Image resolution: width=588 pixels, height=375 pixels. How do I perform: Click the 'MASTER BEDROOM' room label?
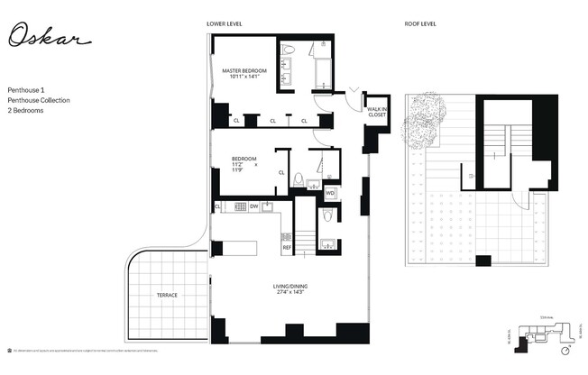[x=241, y=70]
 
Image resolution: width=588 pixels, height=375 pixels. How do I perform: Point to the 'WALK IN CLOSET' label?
[x=377, y=112]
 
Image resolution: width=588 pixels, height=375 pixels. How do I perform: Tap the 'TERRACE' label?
[x=167, y=296]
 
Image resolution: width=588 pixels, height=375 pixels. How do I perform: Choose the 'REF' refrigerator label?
[x=288, y=247]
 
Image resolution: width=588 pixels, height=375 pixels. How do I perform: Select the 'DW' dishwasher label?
[x=254, y=206]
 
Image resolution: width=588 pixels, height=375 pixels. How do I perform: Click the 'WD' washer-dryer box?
[x=330, y=193]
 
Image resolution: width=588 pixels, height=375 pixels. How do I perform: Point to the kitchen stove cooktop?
[x=240, y=206]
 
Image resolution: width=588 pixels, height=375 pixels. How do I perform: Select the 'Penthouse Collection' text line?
[x=39, y=100]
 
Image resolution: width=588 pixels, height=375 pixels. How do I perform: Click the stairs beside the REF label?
[x=306, y=242]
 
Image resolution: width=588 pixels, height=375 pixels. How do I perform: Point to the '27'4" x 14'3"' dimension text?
[x=290, y=294]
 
